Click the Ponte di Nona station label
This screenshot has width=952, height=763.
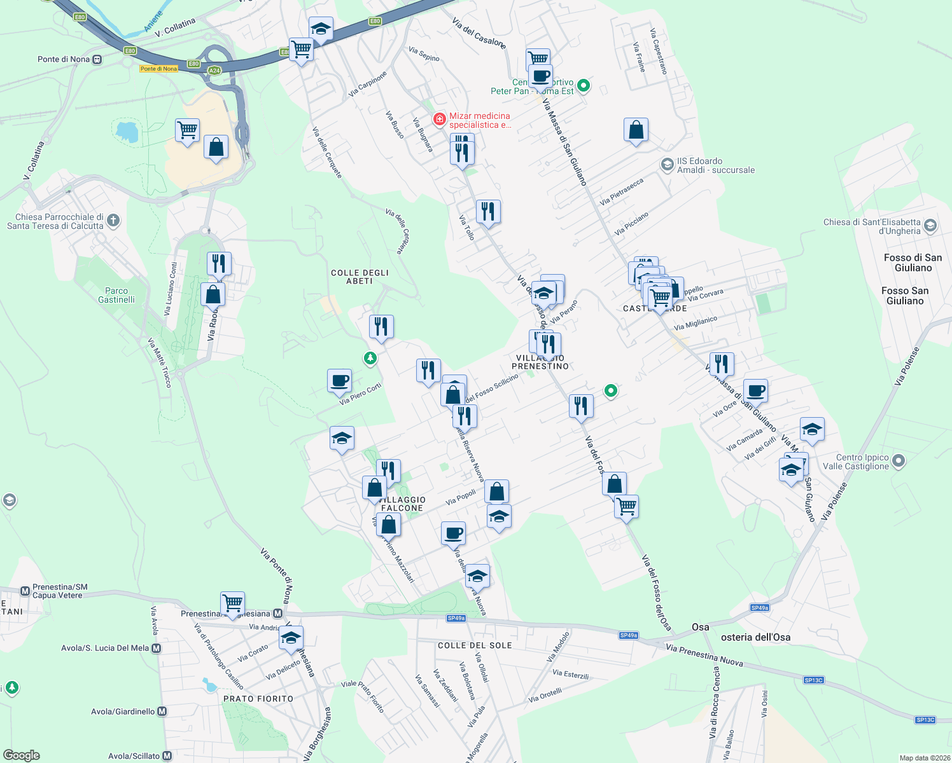click(64, 59)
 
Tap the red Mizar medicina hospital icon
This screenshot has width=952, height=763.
click(439, 119)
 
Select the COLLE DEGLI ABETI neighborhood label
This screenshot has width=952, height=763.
click(360, 277)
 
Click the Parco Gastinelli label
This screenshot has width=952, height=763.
click(116, 295)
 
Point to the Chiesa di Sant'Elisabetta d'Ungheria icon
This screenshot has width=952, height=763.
click(930, 225)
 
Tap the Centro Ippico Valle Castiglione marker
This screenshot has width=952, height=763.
click(899, 460)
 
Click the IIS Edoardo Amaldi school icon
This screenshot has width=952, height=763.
click(667, 165)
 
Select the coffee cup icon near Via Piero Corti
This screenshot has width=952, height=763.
click(340, 381)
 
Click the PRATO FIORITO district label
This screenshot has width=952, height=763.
click(258, 699)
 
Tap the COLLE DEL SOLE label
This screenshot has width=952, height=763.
click(475, 645)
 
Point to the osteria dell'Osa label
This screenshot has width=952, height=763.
click(756, 637)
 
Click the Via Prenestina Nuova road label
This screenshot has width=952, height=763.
click(704, 655)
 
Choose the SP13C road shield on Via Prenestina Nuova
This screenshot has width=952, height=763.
click(813, 680)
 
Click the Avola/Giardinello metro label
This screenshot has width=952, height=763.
click(123, 711)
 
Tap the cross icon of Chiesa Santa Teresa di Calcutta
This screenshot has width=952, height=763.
click(113, 221)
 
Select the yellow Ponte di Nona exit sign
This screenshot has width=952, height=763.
click(158, 69)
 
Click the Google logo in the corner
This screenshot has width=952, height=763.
click(21, 755)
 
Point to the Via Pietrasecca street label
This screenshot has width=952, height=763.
click(622, 191)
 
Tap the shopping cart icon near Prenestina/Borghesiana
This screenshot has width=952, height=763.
click(233, 602)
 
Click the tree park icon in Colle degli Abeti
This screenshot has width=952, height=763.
click(370, 359)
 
